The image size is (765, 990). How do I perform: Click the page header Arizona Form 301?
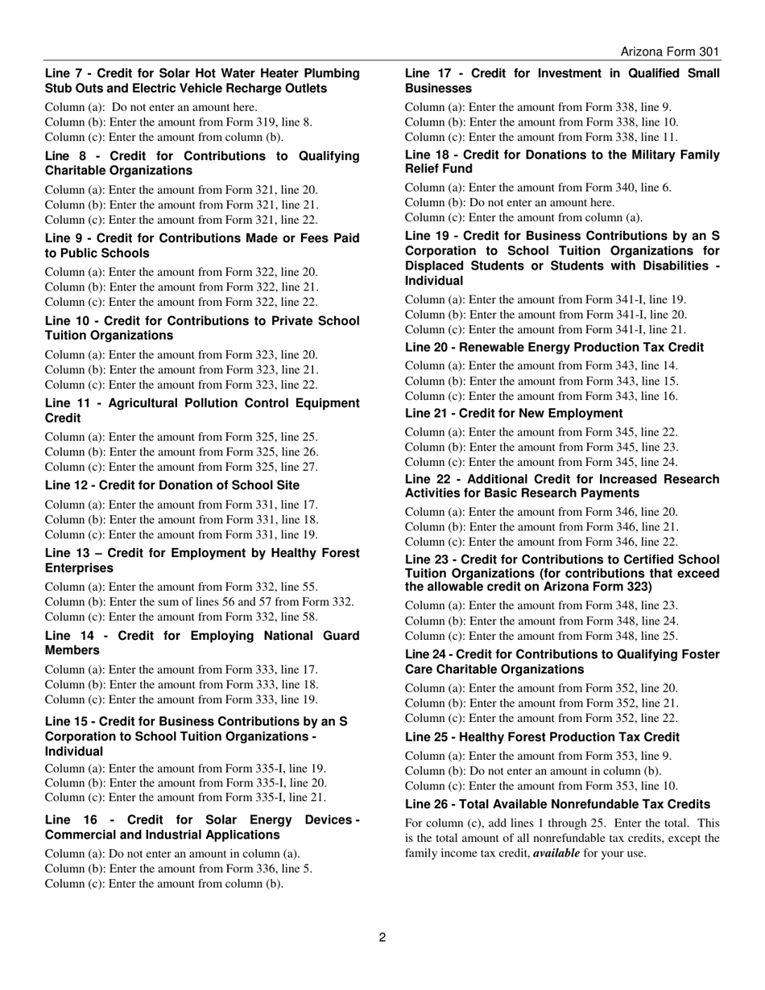point(669,52)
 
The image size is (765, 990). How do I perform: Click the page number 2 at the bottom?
point(382,937)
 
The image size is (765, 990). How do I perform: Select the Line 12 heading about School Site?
point(172,485)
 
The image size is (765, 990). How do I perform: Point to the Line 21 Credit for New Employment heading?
point(514,413)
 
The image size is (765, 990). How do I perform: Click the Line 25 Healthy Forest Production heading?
point(542,736)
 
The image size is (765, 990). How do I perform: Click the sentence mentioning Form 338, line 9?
point(538,107)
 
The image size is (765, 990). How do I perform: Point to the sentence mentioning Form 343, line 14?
point(541,365)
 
